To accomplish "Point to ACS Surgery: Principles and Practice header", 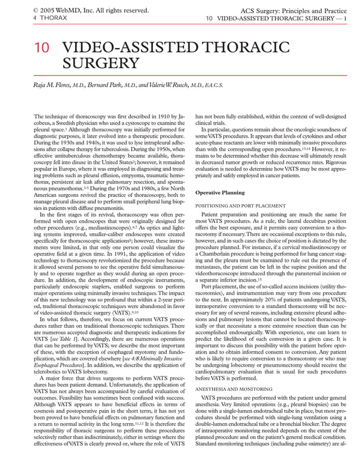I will click(x=294, y=10).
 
